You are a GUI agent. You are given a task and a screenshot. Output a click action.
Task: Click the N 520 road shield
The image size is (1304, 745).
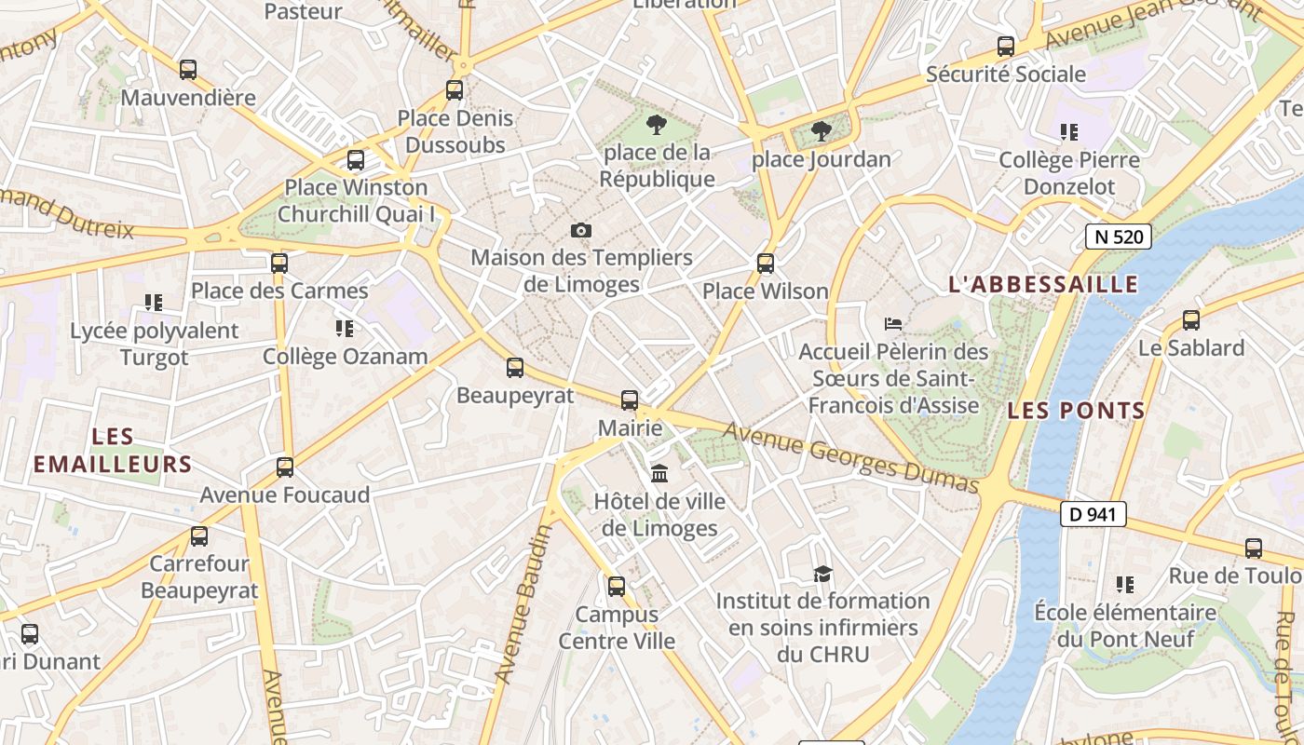click(1119, 237)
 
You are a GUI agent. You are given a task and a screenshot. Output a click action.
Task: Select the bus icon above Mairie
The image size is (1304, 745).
click(630, 400)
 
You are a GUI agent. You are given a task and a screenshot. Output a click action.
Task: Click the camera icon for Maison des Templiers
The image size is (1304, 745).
click(581, 230)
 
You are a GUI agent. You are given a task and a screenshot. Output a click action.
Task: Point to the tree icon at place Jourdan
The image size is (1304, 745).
click(821, 131)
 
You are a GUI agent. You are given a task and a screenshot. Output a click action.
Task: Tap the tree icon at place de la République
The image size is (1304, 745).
click(657, 125)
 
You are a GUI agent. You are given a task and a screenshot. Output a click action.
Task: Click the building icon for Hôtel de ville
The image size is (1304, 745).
click(659, 474)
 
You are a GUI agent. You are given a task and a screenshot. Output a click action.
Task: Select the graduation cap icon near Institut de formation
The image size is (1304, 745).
click(822, 574)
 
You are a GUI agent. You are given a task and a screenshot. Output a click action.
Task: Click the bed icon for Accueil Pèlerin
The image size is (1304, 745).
click(893, 324)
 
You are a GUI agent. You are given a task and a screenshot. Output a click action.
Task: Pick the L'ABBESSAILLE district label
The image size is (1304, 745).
click(1043, 285)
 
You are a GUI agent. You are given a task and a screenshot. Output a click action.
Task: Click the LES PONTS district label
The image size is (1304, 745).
click(1076, 411)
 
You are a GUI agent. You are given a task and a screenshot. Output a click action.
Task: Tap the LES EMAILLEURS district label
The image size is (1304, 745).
click(113, 450)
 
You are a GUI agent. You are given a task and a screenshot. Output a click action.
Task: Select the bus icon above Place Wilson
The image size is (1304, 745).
click(766, 264)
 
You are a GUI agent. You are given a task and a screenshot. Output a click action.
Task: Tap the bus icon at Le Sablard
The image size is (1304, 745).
click(1191, 320)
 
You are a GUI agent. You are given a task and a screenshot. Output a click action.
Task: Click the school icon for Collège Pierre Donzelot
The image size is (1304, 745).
click(1068, 132)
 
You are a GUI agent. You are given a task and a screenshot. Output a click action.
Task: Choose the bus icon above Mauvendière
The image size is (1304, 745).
click(188, 70)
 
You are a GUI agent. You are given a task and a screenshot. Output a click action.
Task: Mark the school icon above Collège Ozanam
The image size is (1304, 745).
click(345, 329)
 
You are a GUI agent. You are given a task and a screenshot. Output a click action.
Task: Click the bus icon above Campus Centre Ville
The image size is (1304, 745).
click(617, 587)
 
